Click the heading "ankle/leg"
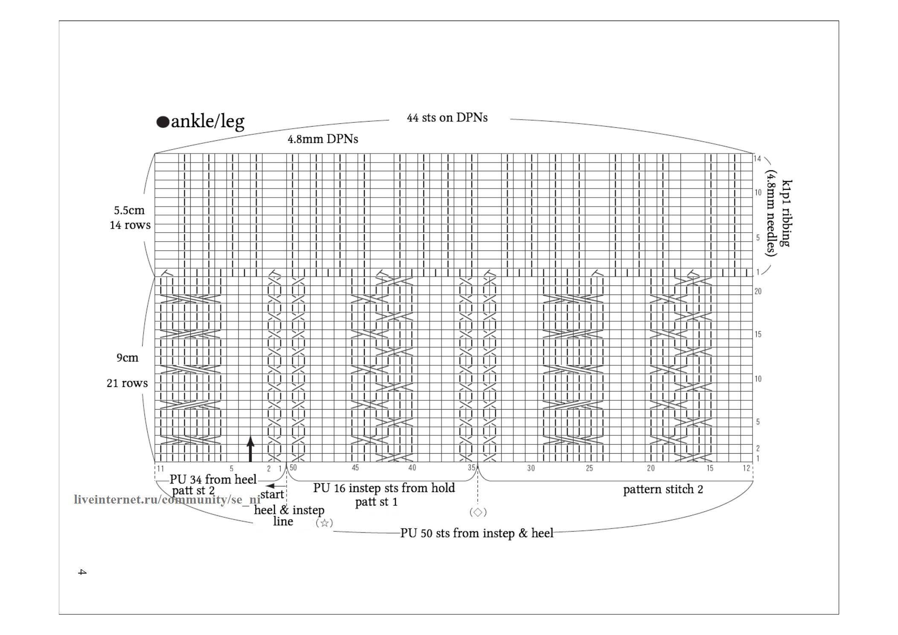(207, 122)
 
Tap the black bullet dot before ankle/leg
(163, 122)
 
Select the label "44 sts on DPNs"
(447, 118)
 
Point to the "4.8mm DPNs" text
(323, 139)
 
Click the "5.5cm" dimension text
(129, 210)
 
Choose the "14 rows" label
(130, 225)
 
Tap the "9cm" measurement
(128, 358)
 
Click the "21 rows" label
(127, 383)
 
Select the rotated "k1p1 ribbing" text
(786, 213)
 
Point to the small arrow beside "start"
(276, 486)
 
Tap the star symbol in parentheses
(324, 523)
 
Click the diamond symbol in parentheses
(478, 512)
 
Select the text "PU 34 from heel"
(213, 479)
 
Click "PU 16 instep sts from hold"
(384, 488)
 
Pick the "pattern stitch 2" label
(663, 489)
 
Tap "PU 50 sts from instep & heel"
(477, 533)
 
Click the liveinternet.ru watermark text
(167, 499)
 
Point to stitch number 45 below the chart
(355, 468)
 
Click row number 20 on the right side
(758, 291)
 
